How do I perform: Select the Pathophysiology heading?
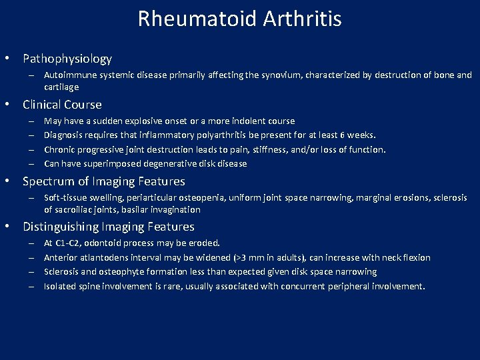click(x=67, y=59)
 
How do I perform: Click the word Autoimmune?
click(x=69, y=75)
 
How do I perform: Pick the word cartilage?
click(x=61, y=87)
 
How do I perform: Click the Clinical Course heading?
click(x=62, y=105)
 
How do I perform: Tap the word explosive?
click(x=148, y=121)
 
